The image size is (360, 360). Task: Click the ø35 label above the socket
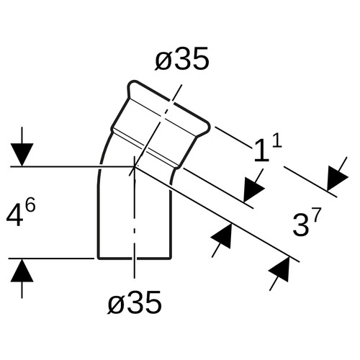(x=181, y=59)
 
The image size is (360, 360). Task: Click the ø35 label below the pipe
(x=135, y=302)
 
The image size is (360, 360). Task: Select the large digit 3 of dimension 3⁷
(x=301, y=226)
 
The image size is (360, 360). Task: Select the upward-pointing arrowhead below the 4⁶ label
(x=22, y=270)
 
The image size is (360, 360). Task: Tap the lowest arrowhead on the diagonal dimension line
(x=280, y=270)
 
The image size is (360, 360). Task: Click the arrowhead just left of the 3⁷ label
(x=222, y=237)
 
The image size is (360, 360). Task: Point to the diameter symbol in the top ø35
(x=163, y=60)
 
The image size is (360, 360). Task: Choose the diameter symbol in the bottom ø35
(x=117, y=304)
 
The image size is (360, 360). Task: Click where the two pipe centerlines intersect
(x=135, y=166)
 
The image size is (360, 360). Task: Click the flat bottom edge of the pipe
(x=135, y=258)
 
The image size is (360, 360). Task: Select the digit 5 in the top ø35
(x=200, y=59)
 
